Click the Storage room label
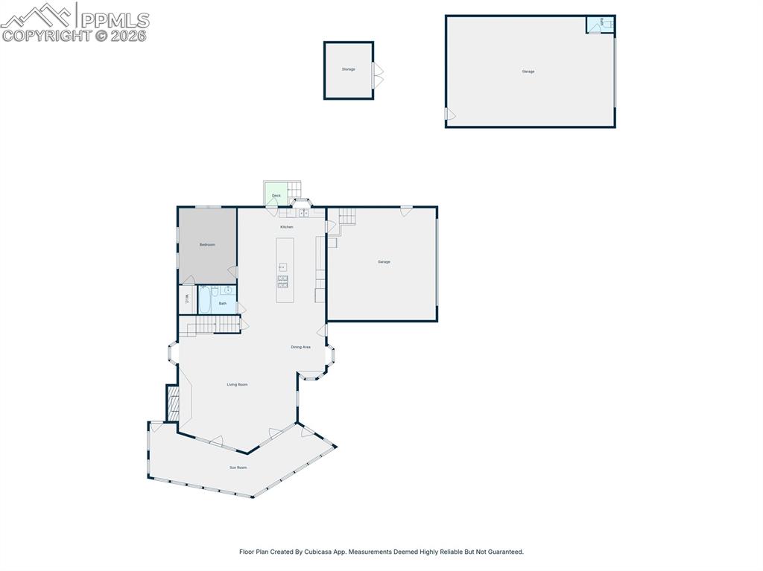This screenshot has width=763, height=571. click(x=349, y=69)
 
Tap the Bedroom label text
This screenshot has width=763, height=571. click(x=207, y=245)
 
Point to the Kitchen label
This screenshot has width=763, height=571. click(x=287, y=227)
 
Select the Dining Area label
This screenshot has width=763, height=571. click(x=300, y=347)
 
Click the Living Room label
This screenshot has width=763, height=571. click(x=237, y=385)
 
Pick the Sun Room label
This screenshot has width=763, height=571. click(x=238, y=468)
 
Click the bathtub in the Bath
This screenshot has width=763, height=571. click(x=206, y=301)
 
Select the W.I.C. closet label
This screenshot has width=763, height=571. click(x=187, y=299)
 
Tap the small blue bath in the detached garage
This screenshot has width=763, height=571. click(x=600, y=25)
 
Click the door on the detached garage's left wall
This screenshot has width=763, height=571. click(x=449, y=114)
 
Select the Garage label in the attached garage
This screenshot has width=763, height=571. click(x=384, y=262)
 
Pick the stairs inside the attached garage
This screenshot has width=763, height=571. click(x=347, y=216)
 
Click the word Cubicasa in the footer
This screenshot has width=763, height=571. click(x=318, y=552)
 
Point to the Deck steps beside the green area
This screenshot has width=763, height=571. click(x=294, y=191)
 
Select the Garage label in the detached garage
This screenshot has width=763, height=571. click(x=528, y=71)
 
